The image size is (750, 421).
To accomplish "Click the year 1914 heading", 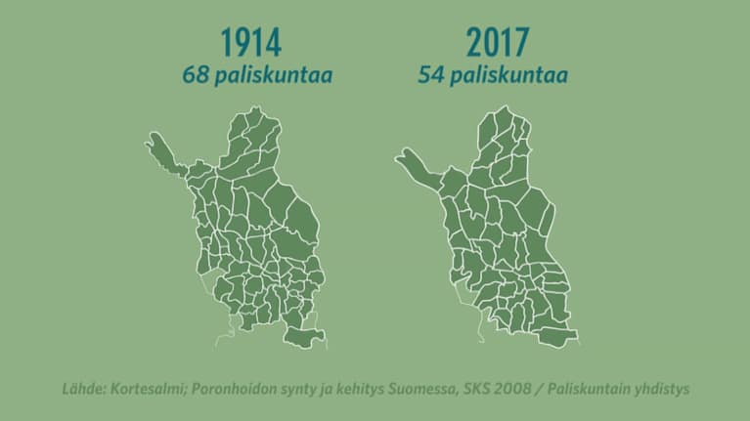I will [251, 43].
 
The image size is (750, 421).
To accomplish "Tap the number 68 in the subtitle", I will [194, 75].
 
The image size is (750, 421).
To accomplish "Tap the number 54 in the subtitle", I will [431, 75].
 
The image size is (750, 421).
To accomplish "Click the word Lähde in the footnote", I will [82, 389].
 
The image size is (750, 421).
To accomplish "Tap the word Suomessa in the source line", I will [421, 389].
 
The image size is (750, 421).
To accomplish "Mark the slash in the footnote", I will [540, 389].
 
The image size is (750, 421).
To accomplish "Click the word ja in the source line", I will [324, 389].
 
